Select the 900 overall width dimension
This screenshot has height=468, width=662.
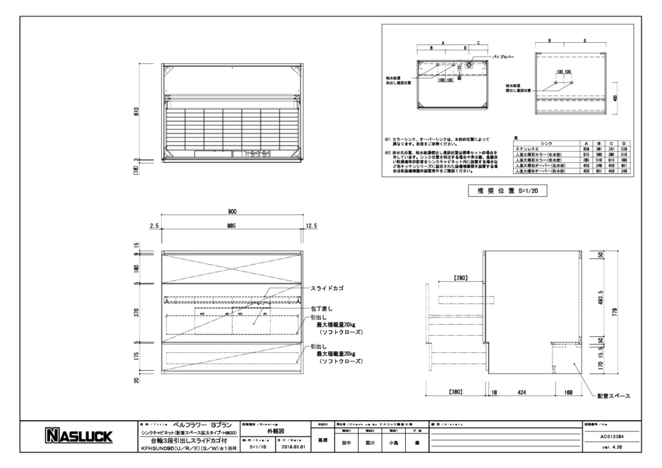[x=232, y=211]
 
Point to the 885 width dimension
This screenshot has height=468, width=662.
[x=232, y=226]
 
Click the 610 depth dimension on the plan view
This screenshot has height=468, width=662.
[x=137, y=111]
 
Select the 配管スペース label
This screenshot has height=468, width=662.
[x=614, y=396]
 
